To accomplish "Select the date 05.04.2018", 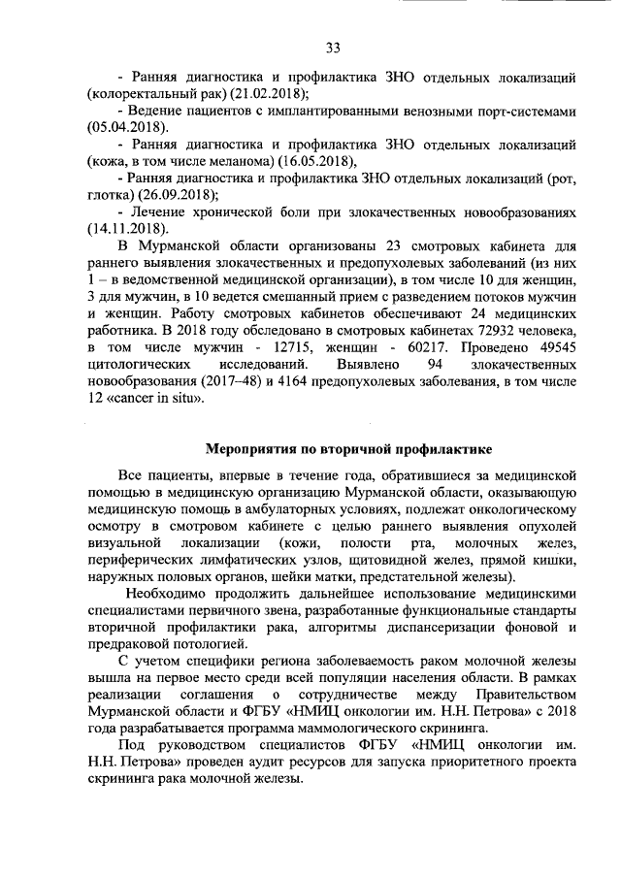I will coord(126,127).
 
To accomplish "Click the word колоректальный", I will coord(142,93).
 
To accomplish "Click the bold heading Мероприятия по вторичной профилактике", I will coord(349,449).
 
